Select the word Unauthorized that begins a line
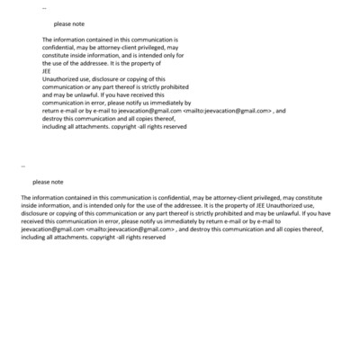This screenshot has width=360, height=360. (x=60, y=79)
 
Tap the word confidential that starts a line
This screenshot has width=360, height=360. (x=59, y=48)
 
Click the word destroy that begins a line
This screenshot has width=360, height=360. (x=53, y=119)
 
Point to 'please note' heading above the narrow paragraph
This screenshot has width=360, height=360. (x=69, y=24)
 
